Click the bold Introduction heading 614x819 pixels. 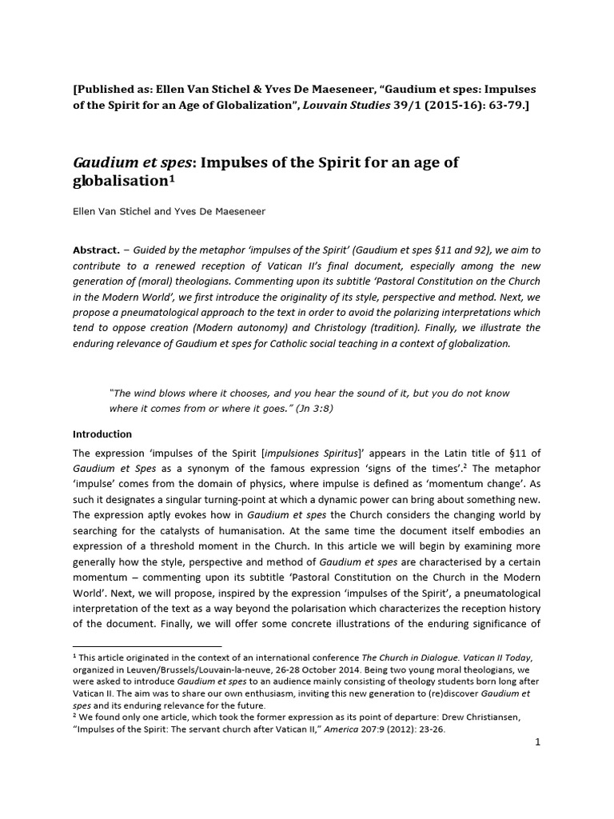click(x=102, y=434)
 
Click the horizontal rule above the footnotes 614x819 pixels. click(x=147, y=645)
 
